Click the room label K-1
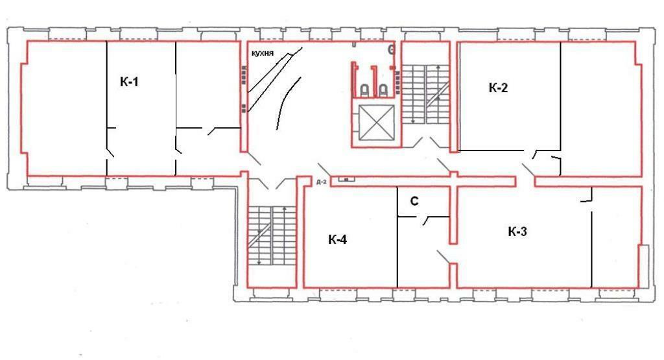click(x=129, y=82)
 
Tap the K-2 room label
click(x=497, y=89)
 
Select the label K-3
click(x=517, y=232)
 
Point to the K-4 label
click(x=337, y=240)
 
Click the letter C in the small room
click(x=414, y=202)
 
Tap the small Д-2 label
click(x=320, y=183)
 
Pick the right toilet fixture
click(x=384, y=89)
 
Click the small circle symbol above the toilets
click(x=391, y=49)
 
